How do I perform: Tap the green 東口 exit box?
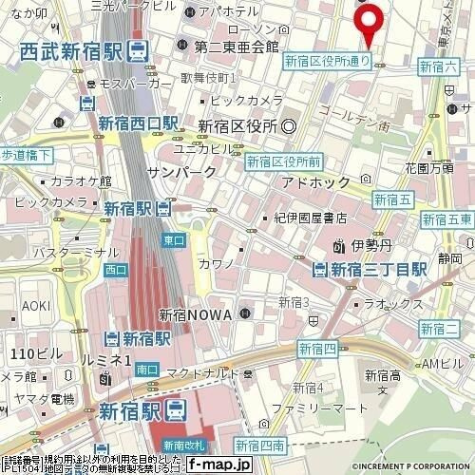click(x=174, y=240)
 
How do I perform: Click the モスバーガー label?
click(x=129, y=84)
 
